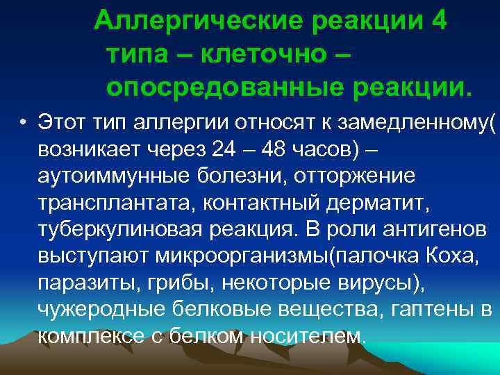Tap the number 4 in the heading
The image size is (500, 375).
coord(439,21)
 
